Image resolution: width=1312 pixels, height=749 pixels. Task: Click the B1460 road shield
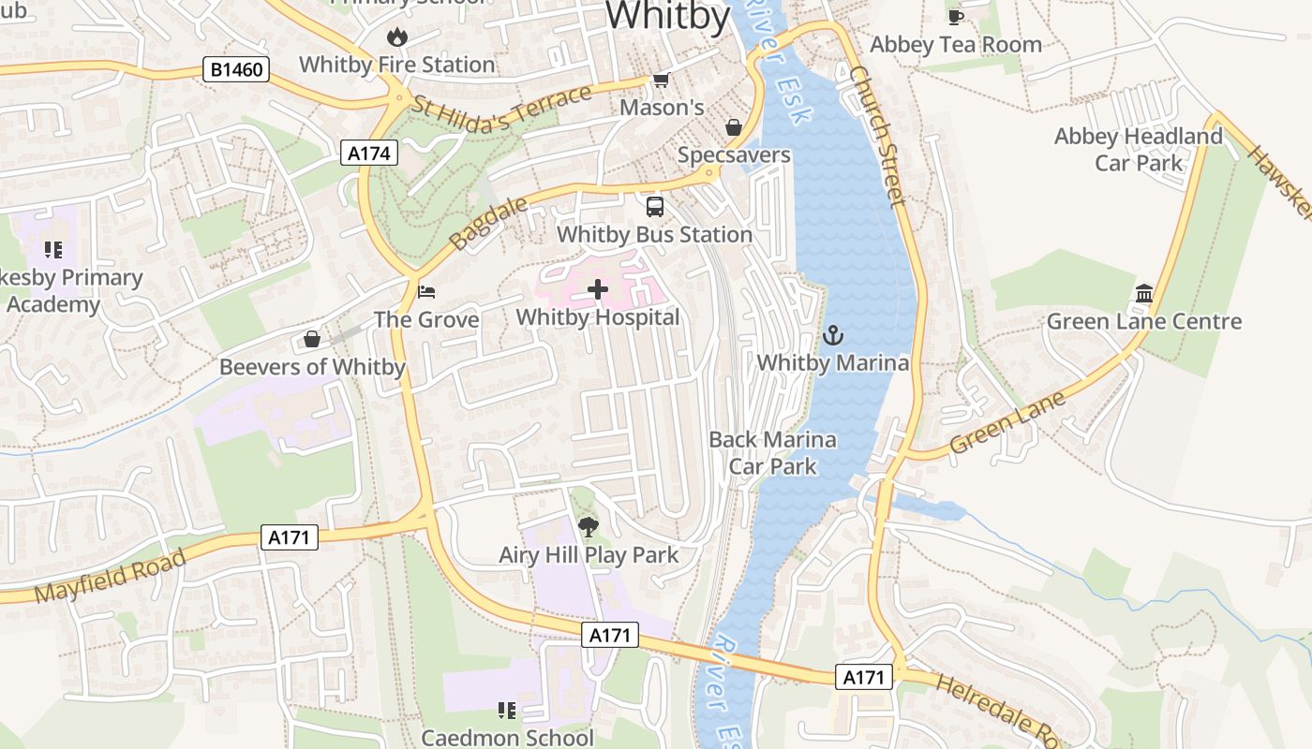[x=237, y=69]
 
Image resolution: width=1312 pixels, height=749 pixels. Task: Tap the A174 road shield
[x=368, y=153]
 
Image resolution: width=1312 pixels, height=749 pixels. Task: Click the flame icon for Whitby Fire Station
[x=397, y=37]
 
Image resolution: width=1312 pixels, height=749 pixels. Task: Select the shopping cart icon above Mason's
[x=662, y=81]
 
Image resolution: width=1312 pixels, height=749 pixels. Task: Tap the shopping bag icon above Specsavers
[x=734, y=127]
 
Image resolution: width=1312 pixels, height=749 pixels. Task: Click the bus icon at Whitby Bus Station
[x=654, y=207]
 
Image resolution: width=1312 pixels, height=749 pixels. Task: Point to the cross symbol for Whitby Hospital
[x=598, y=290]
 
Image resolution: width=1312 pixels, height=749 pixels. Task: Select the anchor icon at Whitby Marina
[x=832, y=335]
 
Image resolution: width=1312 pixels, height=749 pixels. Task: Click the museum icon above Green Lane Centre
[x=1143, y=294]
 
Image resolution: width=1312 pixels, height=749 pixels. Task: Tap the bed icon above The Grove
[x=426, y=292]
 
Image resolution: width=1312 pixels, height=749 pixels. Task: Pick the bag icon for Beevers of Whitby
[x=312, y=339]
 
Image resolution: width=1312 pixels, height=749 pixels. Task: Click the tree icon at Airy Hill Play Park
[x=588, y=527]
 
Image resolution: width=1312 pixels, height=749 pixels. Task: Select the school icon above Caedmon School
[x=507, y=711]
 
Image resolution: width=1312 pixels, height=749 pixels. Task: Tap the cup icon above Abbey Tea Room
[x=955, y=17]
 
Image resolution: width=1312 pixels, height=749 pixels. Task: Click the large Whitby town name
[x=667, y=17]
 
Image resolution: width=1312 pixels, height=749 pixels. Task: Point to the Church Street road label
[x=878, y=136]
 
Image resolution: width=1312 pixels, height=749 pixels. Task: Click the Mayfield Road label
[x=111, y=578]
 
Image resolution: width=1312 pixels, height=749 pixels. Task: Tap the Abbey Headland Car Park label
[x=1139, y=150]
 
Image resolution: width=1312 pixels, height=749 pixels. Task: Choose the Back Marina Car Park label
[x=772, y=452]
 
